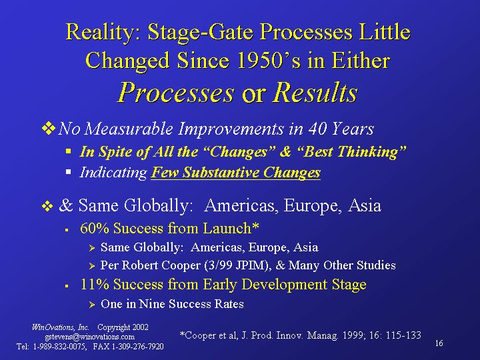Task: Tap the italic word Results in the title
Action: (315, 93)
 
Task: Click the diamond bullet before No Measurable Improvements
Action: (49, 128)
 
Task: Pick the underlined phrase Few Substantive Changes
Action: (236, 173)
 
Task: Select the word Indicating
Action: (113, 173)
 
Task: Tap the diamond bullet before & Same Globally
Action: (47, 206)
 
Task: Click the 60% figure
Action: (95, 229)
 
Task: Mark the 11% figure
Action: (95, 285)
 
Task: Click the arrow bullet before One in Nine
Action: (92, 305)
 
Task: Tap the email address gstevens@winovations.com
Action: (90, 337)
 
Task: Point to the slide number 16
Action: (439, 343)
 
